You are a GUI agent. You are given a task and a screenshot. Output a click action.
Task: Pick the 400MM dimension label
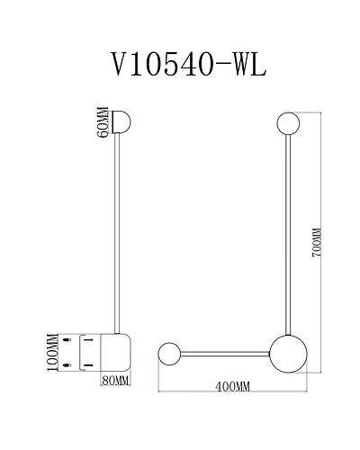click(233, 386)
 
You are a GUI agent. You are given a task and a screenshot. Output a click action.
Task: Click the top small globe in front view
click(288, 122)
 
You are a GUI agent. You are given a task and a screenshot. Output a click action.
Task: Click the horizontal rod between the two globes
click(225, 351)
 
